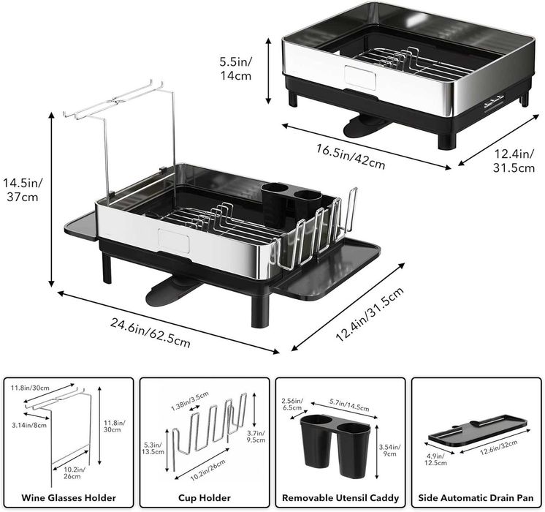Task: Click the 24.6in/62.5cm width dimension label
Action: tap(150, 332)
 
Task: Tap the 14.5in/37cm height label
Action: tap(23, 189)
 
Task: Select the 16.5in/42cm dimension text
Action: tap(351, 157)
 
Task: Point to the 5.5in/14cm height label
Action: tap(236, 69)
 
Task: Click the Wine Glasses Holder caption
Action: tap(69, 497)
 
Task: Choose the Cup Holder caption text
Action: tap(205, 497)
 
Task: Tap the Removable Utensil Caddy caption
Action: tap(340, 497)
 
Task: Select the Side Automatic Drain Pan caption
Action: tap(476, 497)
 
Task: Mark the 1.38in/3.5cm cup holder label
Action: tap(190, 401)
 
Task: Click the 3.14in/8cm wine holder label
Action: tap(28, 425)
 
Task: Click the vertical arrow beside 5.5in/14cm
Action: tap(268, 71)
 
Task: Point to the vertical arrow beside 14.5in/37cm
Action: tap(52, 200)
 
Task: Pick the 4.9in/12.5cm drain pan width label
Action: tap(435, 459)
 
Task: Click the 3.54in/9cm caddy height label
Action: tap(389, 450)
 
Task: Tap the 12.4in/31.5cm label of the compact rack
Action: tap(514, 160)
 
